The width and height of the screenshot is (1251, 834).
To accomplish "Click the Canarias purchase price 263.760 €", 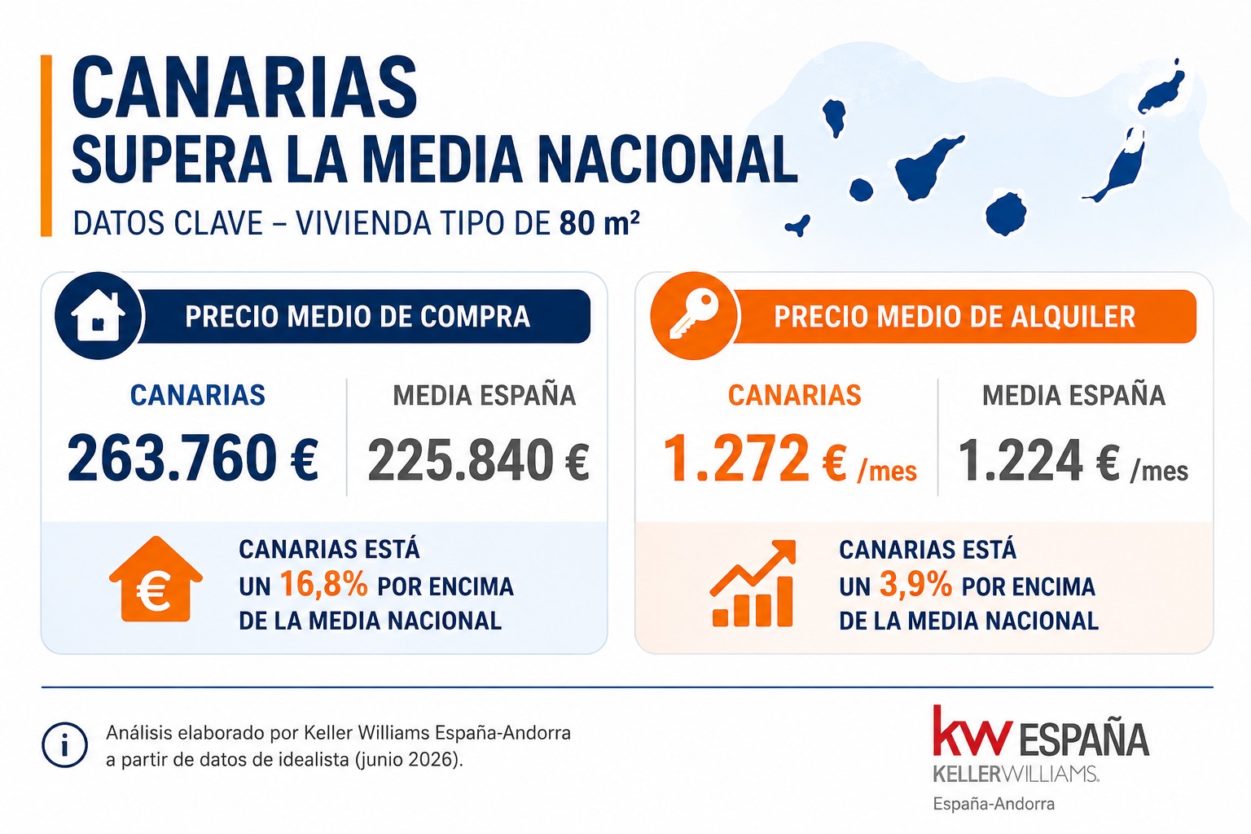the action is click(193, 459).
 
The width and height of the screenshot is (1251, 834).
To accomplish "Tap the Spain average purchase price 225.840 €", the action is click(479, 459).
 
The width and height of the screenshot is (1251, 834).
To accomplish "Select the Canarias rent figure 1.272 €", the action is click(755, 459).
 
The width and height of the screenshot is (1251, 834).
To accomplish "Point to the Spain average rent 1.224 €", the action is click(1038, 459).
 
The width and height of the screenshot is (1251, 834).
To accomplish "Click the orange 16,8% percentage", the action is click(324, 584).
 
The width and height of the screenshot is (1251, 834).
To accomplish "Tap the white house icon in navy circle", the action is click(99, 315).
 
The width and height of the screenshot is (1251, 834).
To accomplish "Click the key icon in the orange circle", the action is click(694, 315).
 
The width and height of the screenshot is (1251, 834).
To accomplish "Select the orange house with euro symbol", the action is click(156, 579).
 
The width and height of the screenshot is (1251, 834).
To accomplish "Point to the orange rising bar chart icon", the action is click(753, 583).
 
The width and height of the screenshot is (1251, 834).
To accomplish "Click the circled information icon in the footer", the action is click(65, 745).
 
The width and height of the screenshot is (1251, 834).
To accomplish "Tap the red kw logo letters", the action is click(972, 731).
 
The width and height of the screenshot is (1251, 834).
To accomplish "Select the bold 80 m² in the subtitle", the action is click(599, 223).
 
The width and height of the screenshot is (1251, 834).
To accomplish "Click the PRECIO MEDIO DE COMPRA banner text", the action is click(358, 316).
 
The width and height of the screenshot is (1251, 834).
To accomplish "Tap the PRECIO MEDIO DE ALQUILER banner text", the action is click(955, 316).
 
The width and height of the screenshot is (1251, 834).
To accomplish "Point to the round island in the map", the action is click(1005, 213).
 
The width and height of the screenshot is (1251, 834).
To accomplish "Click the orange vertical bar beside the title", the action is click(46, 145).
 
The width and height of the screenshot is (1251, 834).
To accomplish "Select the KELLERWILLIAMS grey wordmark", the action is click(1016, 774).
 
